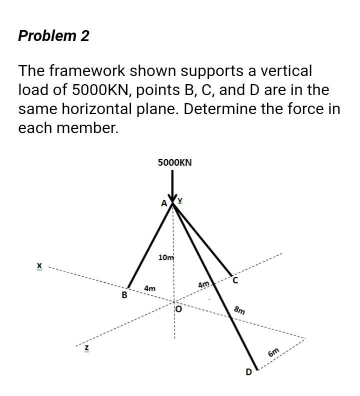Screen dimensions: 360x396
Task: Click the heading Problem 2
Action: (x=53, y=36)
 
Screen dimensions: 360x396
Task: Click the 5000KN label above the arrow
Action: (x=174, y=163)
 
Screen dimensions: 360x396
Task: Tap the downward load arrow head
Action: (x=173, y=197)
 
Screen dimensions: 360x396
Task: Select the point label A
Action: (x=163, y=203)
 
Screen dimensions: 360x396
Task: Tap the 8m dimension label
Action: (x=240, y=310)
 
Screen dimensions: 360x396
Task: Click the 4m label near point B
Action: (x=149, y=289)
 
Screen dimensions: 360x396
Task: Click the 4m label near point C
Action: (x=203, y=285)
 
